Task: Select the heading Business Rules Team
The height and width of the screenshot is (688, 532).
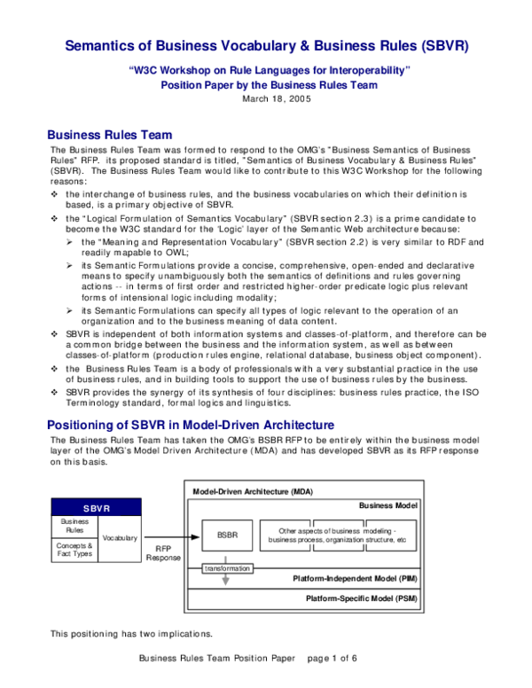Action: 109,135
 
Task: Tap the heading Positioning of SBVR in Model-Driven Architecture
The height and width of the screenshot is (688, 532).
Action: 190,424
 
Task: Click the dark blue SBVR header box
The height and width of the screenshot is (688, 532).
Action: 97,509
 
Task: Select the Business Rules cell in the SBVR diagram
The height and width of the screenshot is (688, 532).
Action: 74,527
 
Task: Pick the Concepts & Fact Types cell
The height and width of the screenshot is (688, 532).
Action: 74,550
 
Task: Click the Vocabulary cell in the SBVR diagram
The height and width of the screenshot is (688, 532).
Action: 120,538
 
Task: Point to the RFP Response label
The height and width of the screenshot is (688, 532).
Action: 163,554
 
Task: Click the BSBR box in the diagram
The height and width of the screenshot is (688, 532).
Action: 228,535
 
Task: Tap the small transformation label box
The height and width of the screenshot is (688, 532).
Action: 228,568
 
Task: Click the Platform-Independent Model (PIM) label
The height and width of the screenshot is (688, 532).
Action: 355,578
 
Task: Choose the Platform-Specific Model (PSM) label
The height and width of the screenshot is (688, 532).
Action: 359,598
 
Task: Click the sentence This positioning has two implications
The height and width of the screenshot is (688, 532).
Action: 130,634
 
